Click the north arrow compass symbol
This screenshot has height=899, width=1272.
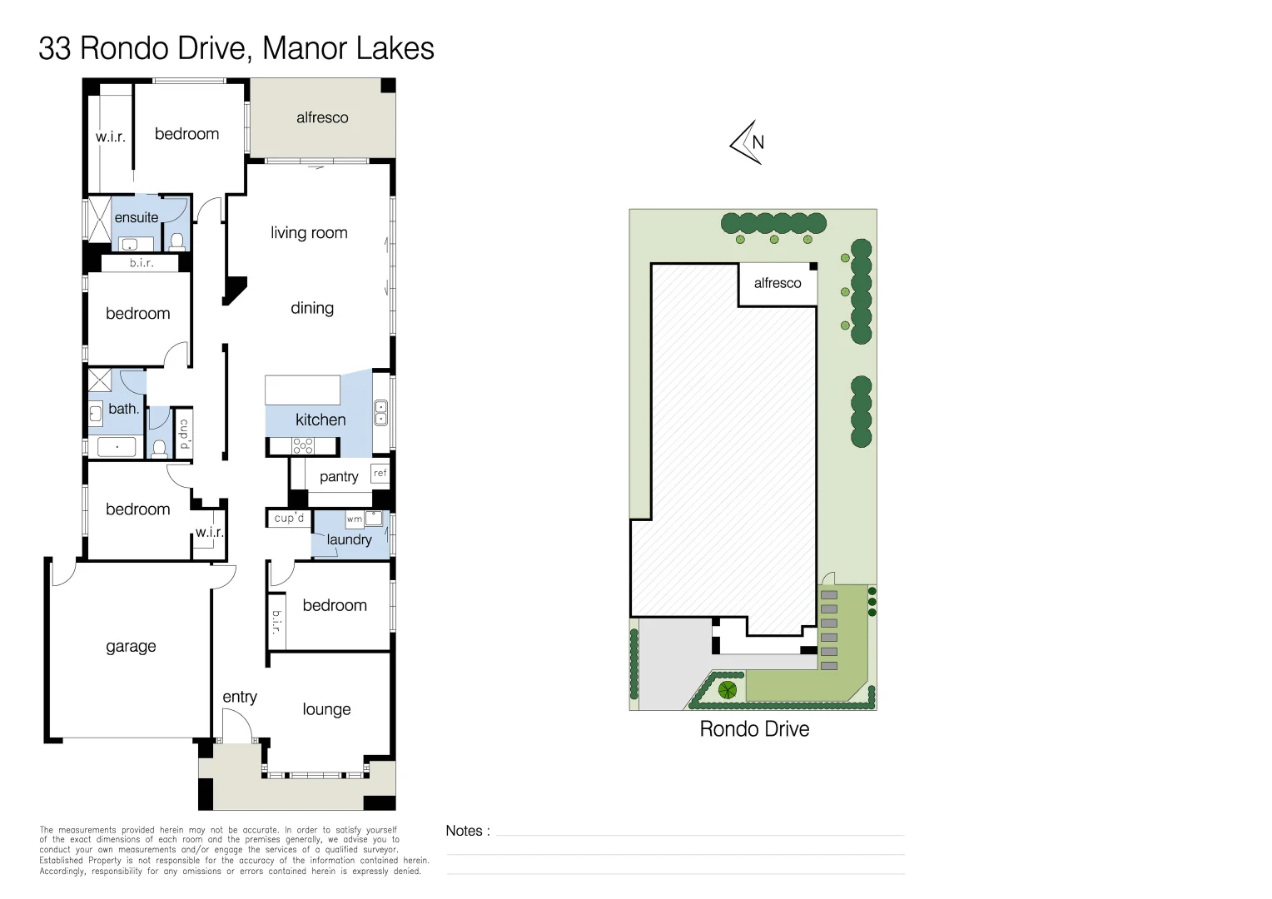click(x=748, y=142)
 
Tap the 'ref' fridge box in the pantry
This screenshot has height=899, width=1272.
click(x=380, y=473)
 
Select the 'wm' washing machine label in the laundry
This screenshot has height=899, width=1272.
click(x=354, y=519)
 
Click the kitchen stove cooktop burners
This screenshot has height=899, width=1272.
click(x=303, y=446)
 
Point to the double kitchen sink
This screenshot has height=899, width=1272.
click(x=380, y=413)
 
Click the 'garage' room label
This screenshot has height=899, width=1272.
click(x=131, y=646)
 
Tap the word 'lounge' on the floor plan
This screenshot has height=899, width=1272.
click(x=326, y=709)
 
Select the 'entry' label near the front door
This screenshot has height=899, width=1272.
click(x=240, y=697)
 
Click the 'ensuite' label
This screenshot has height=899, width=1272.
click(x=137, y=217)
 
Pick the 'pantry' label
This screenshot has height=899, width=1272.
click(x=339, y=476)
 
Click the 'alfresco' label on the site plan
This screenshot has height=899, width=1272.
click(x=778, y=283)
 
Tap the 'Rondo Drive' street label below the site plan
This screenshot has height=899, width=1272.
click(x=754, y=729)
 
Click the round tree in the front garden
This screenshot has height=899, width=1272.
click(x=728, y=689)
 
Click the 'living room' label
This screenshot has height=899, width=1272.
click(x=309, y=233)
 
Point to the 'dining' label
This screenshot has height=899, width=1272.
click(x=312, y=308)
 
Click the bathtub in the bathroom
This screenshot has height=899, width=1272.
click(x=117, y=447)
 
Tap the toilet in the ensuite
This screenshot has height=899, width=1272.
click(x=176, y=242)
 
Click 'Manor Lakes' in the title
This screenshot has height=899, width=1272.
click(x=348, y=48)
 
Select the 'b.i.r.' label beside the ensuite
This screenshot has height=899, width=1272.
click(x=142, y=263)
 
